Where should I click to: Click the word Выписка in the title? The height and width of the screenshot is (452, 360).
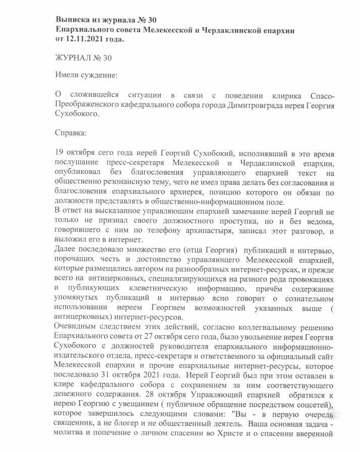tap(73, 20)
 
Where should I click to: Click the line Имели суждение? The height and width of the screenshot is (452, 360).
tap(86, 76)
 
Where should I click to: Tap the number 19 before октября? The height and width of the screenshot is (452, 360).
tap(59, 152)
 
